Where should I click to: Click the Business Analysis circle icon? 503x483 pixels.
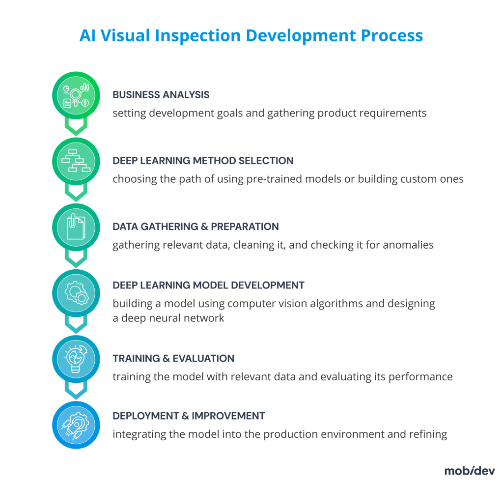pos(76,95)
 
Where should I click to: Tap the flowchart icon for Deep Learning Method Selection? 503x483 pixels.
pos(76,161)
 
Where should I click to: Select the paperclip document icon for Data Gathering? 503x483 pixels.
pos(76,227)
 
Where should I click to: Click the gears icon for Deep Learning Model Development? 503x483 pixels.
pos(76,293)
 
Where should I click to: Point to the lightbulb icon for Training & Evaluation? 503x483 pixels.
pos(76,359)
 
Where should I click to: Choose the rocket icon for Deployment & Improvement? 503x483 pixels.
pos(76,425)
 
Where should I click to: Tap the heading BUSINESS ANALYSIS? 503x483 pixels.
pos(161,95)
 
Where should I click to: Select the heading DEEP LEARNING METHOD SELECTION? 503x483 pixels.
pos(203,161)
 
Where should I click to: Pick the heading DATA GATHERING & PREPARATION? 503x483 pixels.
pos(196,227)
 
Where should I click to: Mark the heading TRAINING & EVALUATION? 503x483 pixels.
pos(173,358)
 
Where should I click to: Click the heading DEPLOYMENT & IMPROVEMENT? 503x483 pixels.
pos(189,416)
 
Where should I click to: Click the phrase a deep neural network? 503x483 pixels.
pos(168,318)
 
